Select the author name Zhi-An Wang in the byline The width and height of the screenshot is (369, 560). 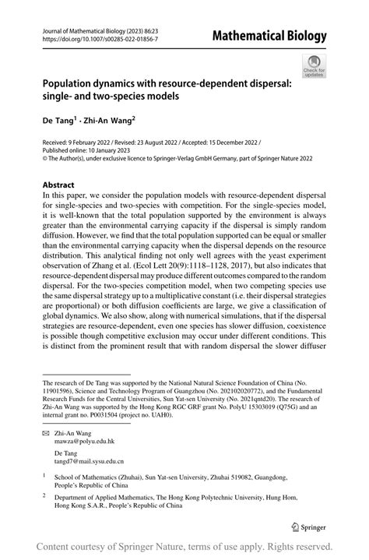point(107,123)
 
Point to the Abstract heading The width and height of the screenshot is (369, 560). point(62,185)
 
